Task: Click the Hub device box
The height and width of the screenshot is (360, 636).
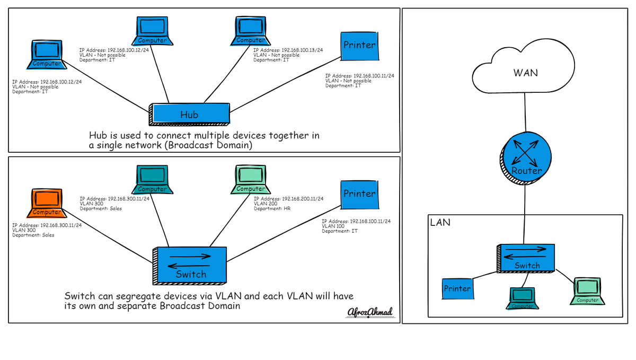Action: coord(189,114)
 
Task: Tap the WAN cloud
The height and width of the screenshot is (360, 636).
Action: coord(524,67)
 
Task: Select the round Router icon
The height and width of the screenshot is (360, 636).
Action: coord(526,158)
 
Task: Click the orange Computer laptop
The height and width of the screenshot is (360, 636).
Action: coord(47,203)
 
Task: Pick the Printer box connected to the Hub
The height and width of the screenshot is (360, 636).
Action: coord(359,46)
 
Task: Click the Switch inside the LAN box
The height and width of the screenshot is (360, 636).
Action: coord(526,258)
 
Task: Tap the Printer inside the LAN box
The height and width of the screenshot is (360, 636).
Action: coord(458,288)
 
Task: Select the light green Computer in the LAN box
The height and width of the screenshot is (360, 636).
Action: coord(587,291)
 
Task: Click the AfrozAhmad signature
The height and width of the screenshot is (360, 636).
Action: coord(370,312)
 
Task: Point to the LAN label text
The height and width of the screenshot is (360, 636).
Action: coord(440,223)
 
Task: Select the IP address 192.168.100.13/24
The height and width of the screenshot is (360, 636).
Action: coord(302,50)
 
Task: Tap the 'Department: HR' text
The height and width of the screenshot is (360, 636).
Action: coord(272,208)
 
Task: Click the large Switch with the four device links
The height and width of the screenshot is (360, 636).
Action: coord(190,266)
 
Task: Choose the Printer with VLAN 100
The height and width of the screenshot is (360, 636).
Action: coord(359,195)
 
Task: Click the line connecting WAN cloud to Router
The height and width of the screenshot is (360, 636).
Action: coord(525,112)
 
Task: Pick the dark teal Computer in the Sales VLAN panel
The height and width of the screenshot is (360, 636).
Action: coord(152,180)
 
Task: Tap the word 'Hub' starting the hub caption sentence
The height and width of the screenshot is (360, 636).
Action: coord(96,135)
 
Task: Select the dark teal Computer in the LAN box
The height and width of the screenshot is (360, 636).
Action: coord(522,298)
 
